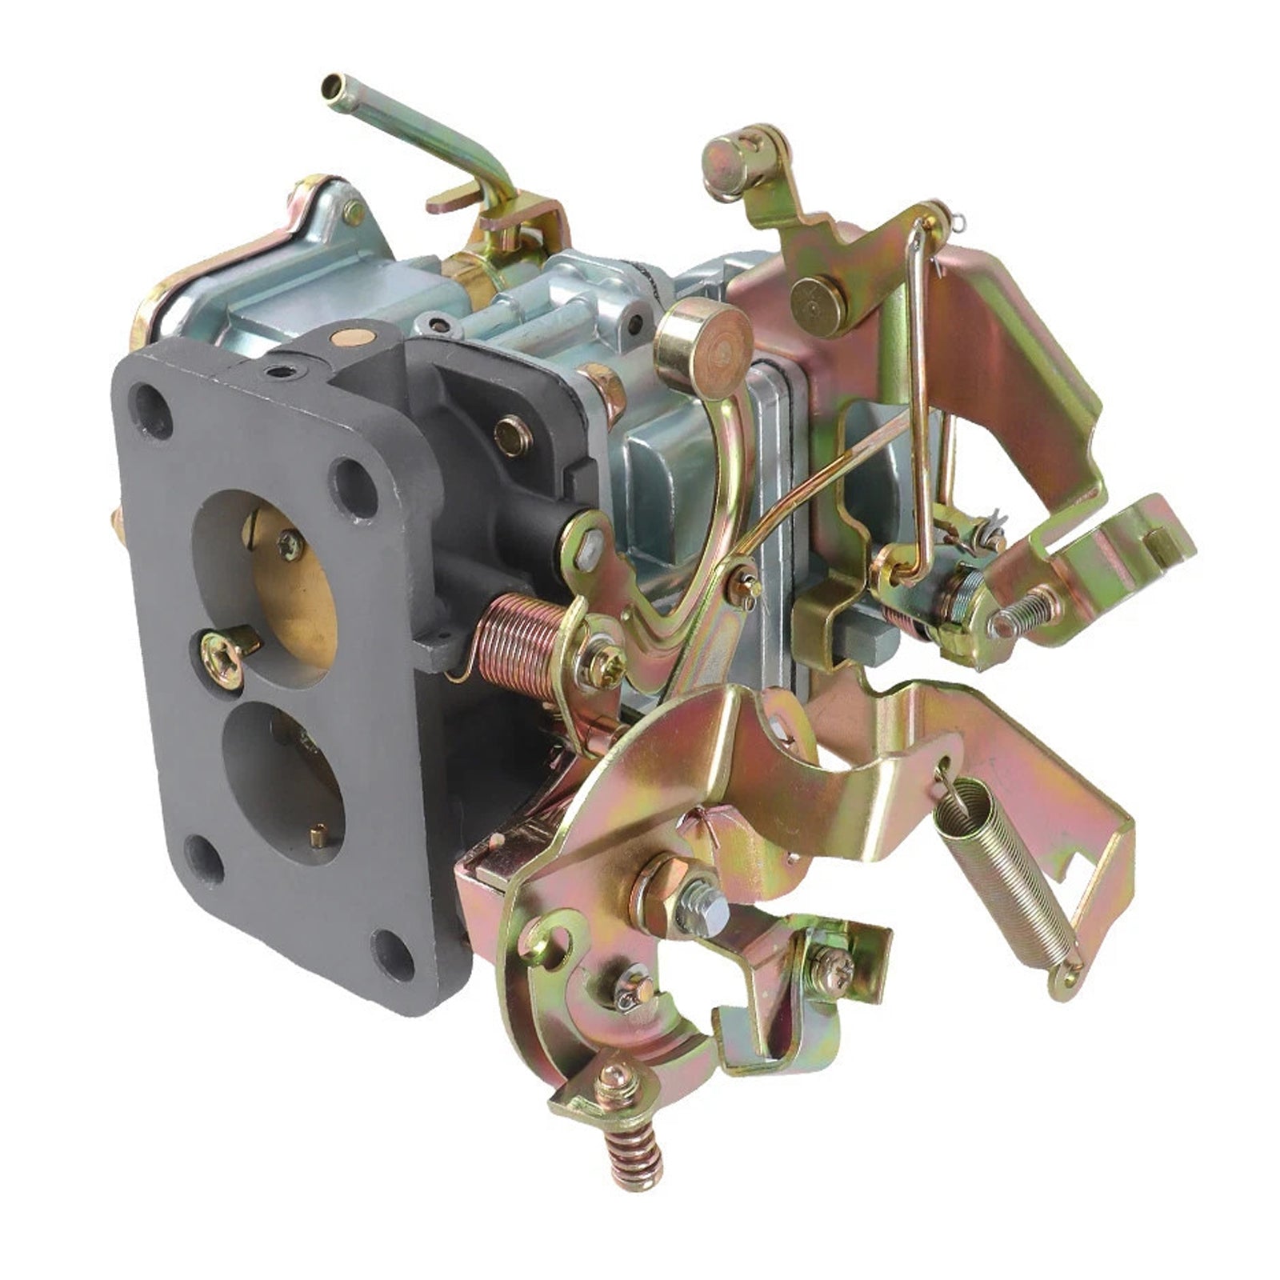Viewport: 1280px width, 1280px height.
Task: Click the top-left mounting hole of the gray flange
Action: tap(151, 410)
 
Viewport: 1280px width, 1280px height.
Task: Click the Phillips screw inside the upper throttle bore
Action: tap(290, 545)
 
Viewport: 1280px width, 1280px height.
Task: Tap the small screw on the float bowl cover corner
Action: tap(352, 211)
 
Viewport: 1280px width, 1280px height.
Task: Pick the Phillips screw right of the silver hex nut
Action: tap(832, 969)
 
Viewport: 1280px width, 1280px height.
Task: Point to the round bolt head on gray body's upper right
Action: tap(513, 436)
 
